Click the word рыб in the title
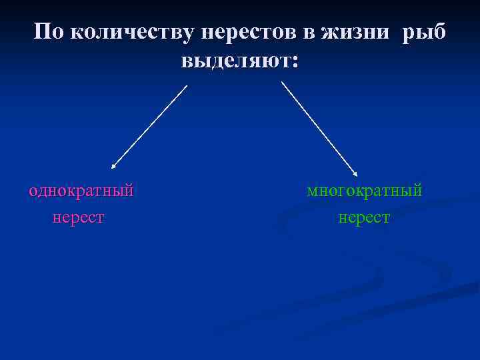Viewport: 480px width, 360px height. (425, 31)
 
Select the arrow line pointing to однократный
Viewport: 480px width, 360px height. (150, 125)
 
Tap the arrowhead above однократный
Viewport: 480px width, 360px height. (113, 165)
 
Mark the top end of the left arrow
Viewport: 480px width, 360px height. (187, 85)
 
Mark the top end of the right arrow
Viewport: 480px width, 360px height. (282, 82)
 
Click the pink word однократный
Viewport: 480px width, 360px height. (81, 191)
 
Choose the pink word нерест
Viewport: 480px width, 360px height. (79, 217)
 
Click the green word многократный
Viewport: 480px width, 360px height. (365, 191)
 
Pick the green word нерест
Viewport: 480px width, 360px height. (364, 217)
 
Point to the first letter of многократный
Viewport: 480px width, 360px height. (312, 192)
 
